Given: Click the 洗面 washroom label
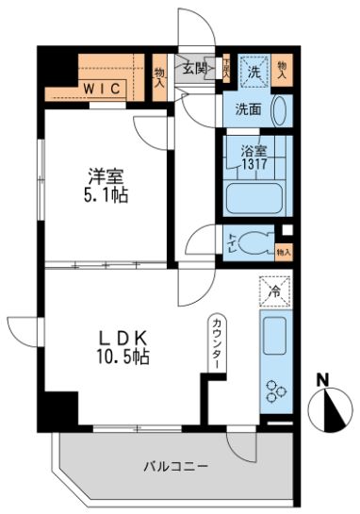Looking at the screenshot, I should pos(249,108).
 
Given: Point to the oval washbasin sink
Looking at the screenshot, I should pos(281,109).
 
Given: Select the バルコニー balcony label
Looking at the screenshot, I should pos(176,465).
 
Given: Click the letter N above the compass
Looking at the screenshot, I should pos(322,380).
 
